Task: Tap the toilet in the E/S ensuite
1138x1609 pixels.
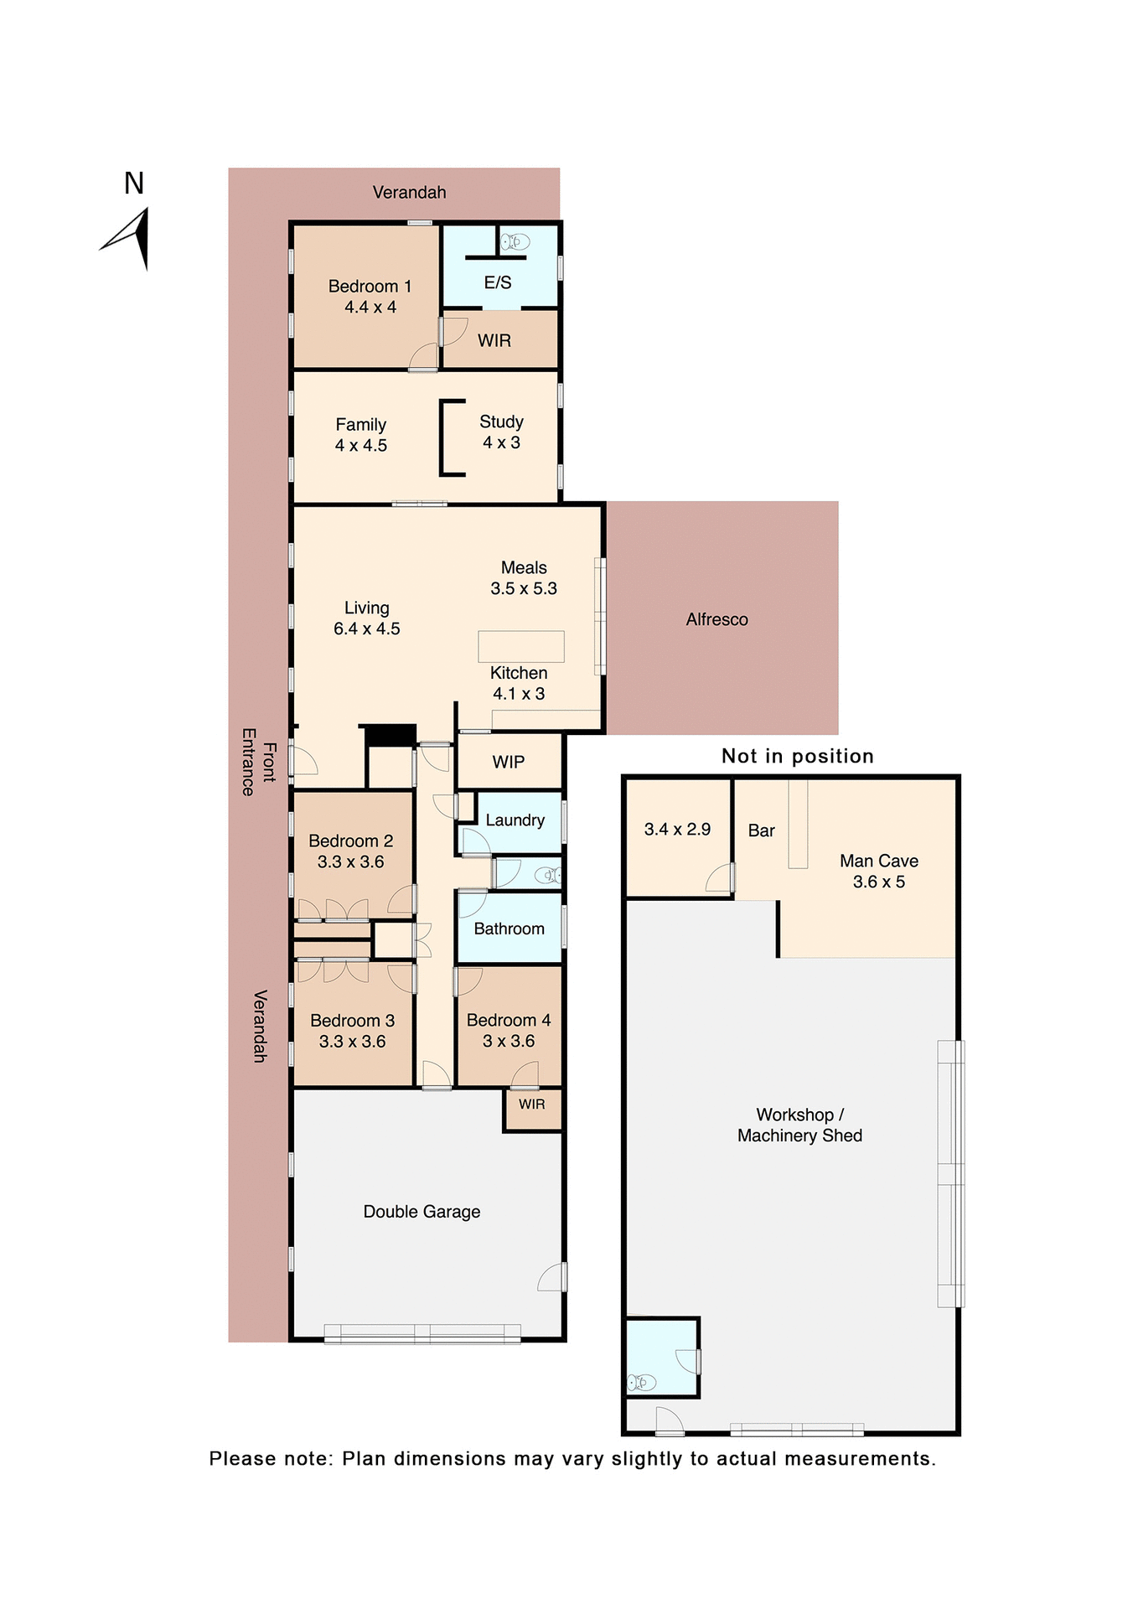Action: [x=515, y=242]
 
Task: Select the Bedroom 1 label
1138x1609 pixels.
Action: [x=370, y=287]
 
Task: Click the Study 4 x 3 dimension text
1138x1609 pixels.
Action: [x=501, y=442]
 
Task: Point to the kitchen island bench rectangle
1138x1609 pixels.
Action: [x=520, y=646]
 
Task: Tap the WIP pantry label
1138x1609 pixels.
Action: [x=508, y=762]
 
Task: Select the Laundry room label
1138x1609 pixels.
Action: [x=515, y=820]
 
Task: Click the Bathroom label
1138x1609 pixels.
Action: [x=509, y=929]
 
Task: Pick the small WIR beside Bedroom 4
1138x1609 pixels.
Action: [x=531, y=1105]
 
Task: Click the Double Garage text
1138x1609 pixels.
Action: [x=422, y=1212]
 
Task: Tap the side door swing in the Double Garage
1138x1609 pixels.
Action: [x=552, y=1277]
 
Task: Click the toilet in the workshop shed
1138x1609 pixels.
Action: [x=642, y=1382]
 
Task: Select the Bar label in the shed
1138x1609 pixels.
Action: [x=761, y=830]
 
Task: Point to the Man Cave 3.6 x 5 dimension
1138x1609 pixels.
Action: [x=878, y=882]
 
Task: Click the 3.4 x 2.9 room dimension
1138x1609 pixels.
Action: [x=677, y=830]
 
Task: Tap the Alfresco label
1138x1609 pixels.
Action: [x=716, y=619]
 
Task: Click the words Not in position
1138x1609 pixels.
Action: [x=797, y=756]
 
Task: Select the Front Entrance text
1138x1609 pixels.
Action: [x=258, y=762]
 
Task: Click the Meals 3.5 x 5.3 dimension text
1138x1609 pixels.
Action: [x=524, y=588]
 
